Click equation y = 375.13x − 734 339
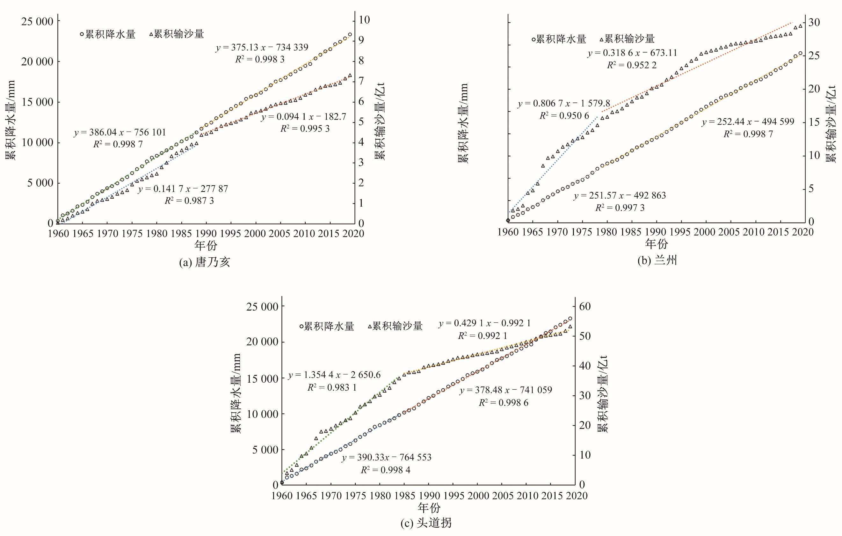[262, 47]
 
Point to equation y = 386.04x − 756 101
[120, 133]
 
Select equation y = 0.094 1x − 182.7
[303, 117]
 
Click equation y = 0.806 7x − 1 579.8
[564, 104]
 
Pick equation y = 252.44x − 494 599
[748, 122]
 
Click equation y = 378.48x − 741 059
[506, 390]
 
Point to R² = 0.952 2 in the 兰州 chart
[632, 65]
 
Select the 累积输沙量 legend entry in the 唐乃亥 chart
[177, 34]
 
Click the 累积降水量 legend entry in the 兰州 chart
[559, 39]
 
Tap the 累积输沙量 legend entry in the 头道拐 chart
[395, 326]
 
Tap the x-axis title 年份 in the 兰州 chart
[656, 244]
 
